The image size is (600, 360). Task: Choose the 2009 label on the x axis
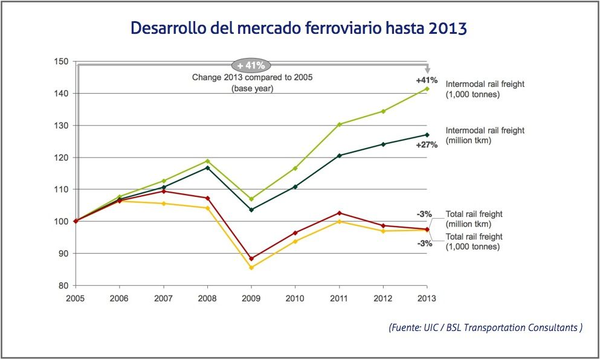(251, 298)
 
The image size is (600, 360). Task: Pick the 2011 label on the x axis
(339, 298)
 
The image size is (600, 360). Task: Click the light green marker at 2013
(427, 89)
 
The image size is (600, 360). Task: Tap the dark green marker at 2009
(251, 210)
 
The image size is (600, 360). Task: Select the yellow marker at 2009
(251, 268)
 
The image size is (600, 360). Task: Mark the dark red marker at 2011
(339, 213)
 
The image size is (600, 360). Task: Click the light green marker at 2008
(207, 161)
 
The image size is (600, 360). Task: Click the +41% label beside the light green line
(427, 80)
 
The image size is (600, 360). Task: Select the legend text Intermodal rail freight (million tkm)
(485, 135)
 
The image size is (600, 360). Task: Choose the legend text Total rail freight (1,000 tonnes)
(474, 242)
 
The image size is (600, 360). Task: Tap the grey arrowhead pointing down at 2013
(427, 69)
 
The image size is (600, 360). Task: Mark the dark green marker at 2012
(383, 144)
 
